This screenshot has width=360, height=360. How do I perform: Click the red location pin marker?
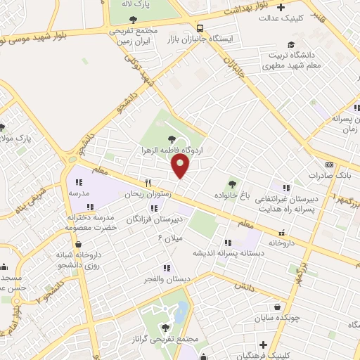[x=181, y=166]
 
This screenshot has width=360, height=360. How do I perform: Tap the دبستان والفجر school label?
[x=167, y=279]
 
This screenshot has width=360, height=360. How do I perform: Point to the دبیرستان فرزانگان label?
[x=150, y=220]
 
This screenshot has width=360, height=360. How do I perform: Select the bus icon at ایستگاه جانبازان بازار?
[x=201, y=29]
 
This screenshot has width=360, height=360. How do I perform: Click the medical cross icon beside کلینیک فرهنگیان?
[x=263, y=345]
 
